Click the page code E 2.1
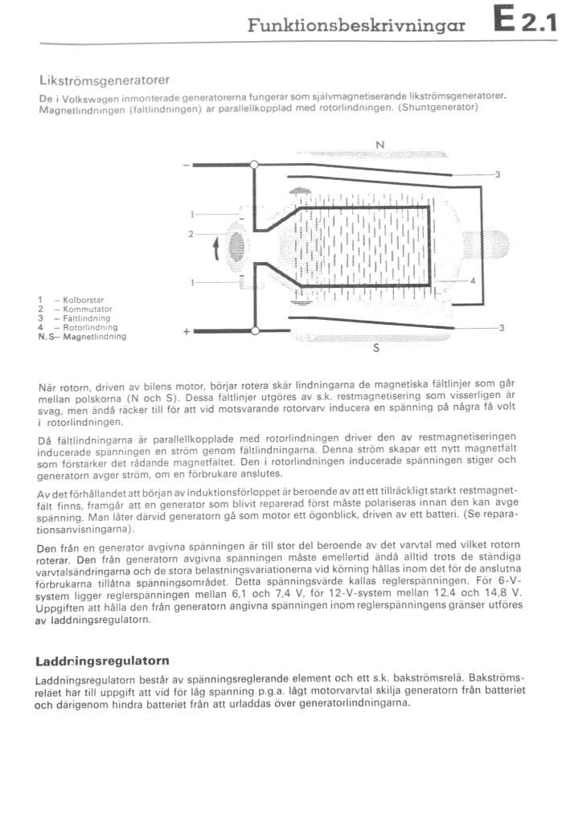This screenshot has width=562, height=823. click(527, 21)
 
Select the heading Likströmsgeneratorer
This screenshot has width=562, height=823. click(104, 81)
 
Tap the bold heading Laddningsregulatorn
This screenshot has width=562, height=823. click(102, 661)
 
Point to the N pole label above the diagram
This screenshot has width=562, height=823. click(379, 145)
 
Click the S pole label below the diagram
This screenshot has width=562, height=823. click(375, 350)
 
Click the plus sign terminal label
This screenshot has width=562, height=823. click(186, 331)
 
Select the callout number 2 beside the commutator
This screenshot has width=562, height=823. click(191, 234)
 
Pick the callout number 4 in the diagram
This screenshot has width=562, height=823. click(473, 280)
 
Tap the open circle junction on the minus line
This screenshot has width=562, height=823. click(254, 165)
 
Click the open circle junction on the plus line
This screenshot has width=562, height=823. click(254, 330)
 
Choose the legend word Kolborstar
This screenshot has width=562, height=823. click(84, 301)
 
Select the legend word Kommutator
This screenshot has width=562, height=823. click(87, 309)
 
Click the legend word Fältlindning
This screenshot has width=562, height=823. click(86, 318)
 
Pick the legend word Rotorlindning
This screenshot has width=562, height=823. click(89, 328)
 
